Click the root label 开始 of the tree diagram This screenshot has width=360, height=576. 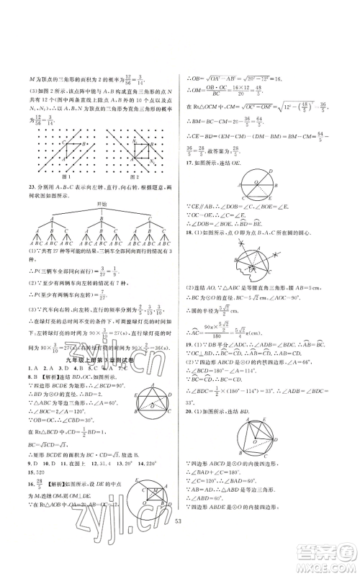tap(101, 205)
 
